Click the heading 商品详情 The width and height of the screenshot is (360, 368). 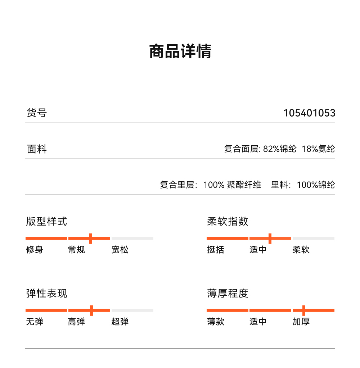[180, 51]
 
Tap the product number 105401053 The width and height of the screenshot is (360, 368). [309, 113]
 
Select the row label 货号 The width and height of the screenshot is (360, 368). [37, 113]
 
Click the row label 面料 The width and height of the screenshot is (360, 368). [37, 149]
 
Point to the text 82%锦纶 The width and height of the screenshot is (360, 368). [280, 149]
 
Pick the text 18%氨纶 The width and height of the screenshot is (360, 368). [318, 149]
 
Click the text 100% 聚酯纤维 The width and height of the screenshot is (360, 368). [232, 185]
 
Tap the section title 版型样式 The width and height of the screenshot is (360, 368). [46, 221]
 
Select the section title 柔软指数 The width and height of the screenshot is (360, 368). [228, 221]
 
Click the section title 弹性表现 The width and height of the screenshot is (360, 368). [46, 294]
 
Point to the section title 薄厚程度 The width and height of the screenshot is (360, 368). [228, 294]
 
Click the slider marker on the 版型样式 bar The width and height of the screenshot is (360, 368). [91, 238]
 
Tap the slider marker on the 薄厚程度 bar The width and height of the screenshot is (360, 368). [304, 310]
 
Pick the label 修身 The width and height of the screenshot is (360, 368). [35, 250]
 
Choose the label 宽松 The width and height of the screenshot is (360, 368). [120, 250]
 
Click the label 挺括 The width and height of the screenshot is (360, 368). [216, 250]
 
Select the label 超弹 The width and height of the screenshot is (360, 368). [120, 322]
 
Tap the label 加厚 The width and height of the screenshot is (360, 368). [301, 322]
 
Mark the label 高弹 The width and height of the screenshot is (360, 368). [77, 322]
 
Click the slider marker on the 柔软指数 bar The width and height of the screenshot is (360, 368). [270, 238]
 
